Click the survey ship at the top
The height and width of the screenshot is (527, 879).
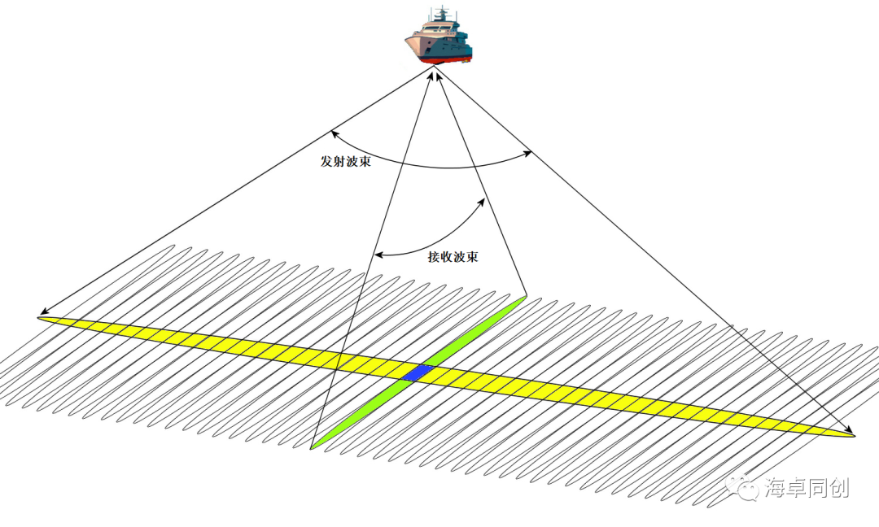pos(439,36)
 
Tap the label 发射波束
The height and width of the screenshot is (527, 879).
pos(346,161)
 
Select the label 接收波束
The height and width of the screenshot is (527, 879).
pos(453,257)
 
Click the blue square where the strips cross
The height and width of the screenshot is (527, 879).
pos(419,372)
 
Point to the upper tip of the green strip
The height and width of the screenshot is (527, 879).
pos(524,298)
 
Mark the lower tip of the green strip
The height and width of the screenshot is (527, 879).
pos(313,447)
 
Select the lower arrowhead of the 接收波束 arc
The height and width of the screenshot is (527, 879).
pos(375,255)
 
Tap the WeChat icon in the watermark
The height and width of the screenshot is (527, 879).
pos(745,488)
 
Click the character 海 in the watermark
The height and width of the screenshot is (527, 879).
pos(776,488)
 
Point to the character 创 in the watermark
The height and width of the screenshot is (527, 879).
pos(839,488)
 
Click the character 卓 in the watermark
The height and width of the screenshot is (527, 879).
pos(797,488)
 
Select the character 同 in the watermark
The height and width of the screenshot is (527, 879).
pos(818,488)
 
